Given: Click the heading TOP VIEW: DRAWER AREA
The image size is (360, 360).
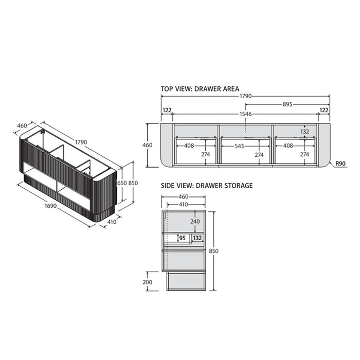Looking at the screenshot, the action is (200, 89).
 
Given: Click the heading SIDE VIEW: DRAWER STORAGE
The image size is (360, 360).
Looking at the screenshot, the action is (207, 186).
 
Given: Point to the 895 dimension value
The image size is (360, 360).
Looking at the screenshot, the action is (287, 104).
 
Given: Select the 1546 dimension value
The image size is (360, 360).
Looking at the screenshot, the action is (246, 114).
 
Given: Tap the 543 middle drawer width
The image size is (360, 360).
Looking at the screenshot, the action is (239, 146).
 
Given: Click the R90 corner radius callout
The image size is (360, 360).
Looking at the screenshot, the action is (340, 164).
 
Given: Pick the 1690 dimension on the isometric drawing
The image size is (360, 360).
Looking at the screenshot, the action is (50, 206).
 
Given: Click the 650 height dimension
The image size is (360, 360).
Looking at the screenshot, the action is (122, 183).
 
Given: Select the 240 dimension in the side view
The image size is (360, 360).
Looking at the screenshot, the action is (195, 221).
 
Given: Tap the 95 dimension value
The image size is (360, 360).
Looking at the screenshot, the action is (182, 238).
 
